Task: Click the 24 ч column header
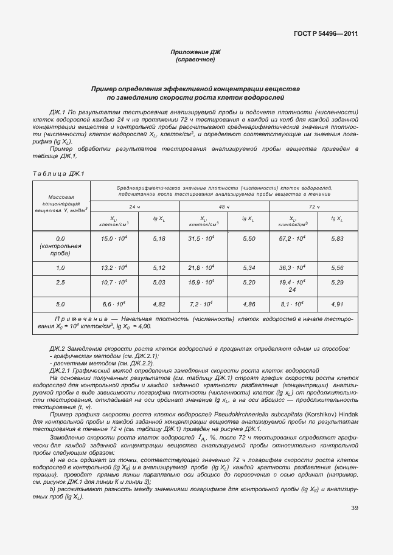(x=134, y=207)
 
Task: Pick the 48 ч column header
(x=224, y=207)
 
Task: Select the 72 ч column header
(x=313, y=207)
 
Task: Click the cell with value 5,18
(x=159, y=239)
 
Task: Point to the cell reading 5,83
(x=337, y=239)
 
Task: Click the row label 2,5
(x=60, y=283)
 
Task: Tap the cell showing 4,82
(x=159, y=304)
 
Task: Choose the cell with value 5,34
(x=248, y=267)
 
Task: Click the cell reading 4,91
(x=337, y=304)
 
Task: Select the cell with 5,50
(x=248, y=239)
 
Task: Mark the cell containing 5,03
(x=159, y=283)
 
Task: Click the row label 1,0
(x=60, y=267)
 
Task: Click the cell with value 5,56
(x=337, y=267)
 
